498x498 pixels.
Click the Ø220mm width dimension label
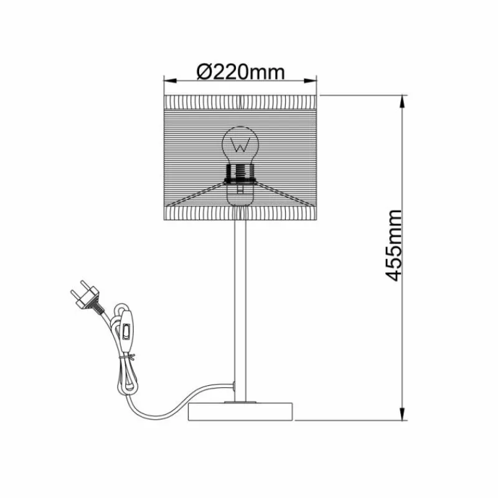pos(240,72)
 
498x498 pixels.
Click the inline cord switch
pos(128,329)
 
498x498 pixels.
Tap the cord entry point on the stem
pos(233,387)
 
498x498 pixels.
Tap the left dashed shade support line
pos(193,194)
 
